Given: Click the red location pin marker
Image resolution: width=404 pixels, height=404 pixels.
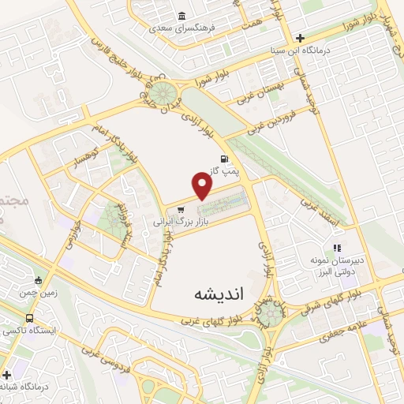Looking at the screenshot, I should coord(203,186).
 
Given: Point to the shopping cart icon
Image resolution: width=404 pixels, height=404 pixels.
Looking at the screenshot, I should coord(181,210).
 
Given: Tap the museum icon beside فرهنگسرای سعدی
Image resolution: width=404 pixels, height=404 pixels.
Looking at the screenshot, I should coord(182,17).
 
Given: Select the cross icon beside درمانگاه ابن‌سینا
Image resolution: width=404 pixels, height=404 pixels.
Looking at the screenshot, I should coord(301,37).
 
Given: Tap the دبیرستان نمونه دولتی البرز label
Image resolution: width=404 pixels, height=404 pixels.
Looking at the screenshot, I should coord(340,264).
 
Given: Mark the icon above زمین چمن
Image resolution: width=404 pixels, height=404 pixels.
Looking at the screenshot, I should coord(39,279).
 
